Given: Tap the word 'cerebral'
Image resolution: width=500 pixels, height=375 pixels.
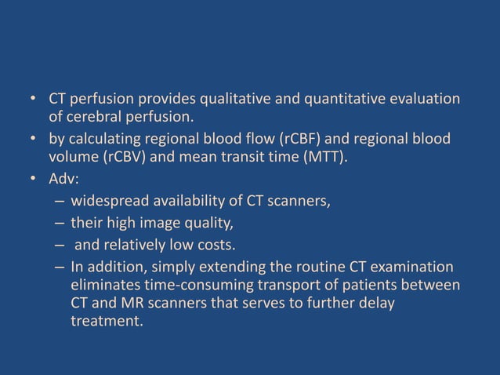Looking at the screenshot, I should [x=96, y=118].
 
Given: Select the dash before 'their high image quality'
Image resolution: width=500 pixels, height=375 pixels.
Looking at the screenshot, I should [x=59, y=221].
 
